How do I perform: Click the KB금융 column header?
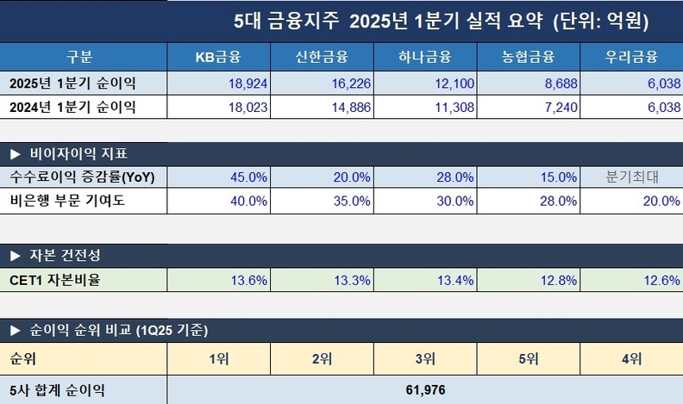point(217,58)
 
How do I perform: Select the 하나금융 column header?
point(424,58)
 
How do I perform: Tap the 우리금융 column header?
point(631,58)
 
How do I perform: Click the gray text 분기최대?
point(632,177)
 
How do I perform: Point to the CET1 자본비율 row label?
point(55,279)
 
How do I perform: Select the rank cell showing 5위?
point(528,357)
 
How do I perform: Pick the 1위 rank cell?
point(217,357)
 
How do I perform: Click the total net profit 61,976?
point(424,390)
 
